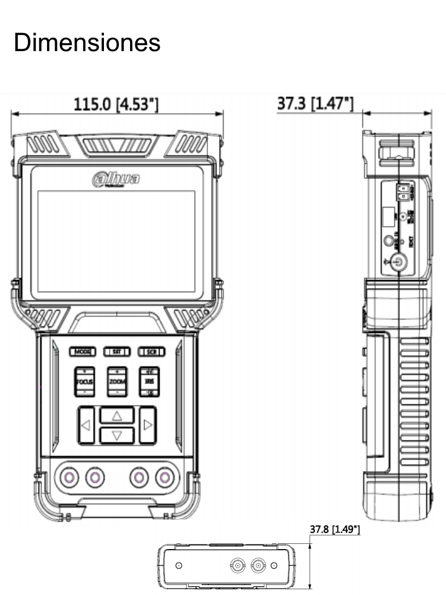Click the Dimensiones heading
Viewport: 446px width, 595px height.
pyautogui.click(x=87, y=43)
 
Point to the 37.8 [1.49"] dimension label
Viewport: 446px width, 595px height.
pyautogui.click(x=335, y=530)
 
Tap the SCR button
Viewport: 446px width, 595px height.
pyautogui.click(x=152, y=352)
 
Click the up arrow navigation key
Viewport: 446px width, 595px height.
pyautogui.click(x=117, y=415)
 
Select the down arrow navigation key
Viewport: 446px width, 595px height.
pyautogui.click(x=117, y=435)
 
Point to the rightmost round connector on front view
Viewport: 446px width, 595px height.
pyautogui.click(x=166, y=478)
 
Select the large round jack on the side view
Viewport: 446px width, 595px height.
pyautogui.click(x=398, y=263)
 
